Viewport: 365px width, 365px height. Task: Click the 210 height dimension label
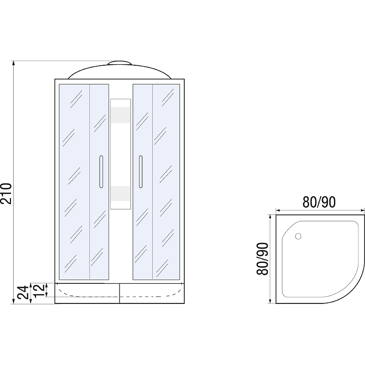(6, 193)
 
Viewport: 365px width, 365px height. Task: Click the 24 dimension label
(23, 292)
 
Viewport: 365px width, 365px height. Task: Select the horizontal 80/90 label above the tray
(319, 202)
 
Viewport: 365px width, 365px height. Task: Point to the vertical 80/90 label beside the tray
(263, 259)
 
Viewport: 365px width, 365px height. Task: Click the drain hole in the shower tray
(298, 236)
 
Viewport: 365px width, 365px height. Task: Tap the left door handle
(101, 172)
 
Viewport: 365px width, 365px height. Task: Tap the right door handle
(141, 172)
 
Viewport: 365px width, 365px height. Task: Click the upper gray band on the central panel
(120, 115)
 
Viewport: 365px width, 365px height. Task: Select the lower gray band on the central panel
(120, 193)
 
